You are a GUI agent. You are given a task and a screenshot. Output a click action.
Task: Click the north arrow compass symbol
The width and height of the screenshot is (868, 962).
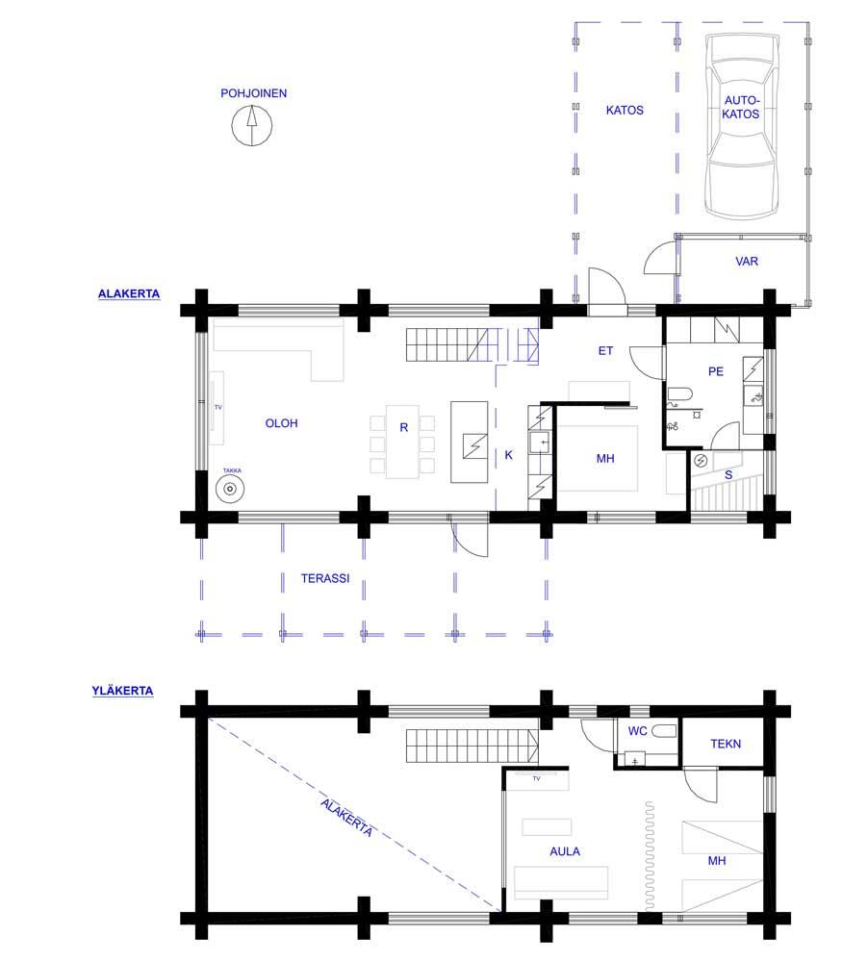coord(252,125)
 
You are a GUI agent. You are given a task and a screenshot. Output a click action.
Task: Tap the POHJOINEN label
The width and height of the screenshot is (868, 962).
coord(253,93)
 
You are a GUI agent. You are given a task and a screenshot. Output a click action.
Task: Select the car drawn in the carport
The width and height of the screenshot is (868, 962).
coord(742,126)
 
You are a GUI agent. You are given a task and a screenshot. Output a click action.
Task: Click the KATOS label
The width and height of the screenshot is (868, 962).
coord(625,111)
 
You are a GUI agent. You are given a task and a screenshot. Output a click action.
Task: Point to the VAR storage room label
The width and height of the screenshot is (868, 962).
coord(747,262)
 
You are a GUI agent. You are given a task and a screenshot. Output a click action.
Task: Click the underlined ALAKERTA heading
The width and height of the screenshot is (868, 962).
coord(129,293)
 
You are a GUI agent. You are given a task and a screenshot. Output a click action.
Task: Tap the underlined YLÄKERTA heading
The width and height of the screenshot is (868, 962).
coord(122,691)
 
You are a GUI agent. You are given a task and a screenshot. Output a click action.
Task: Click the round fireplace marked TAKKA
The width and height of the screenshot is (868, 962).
coord(230,489)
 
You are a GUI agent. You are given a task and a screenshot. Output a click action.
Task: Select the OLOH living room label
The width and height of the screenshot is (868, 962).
coord(281,423)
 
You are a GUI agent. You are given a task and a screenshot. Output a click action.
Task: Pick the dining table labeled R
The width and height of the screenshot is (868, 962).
coord(402,442)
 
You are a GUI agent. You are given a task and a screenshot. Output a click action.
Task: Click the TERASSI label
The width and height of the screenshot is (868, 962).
coord(324,578)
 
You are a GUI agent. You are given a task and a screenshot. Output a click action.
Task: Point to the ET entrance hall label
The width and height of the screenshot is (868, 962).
coord(605,351)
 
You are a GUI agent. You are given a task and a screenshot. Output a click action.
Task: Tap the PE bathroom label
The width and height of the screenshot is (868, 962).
coord(716,371)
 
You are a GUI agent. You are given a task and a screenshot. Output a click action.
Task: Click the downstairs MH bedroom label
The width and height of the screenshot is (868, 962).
coord(605,459)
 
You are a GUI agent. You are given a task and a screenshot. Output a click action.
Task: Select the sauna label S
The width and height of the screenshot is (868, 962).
coord(728,475)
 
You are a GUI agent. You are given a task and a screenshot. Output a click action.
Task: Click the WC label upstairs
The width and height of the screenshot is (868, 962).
coord(637,731)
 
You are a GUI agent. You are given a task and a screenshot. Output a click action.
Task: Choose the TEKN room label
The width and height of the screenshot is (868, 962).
coord(726,745)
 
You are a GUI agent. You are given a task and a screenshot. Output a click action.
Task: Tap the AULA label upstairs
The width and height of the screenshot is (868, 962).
coord(565,851)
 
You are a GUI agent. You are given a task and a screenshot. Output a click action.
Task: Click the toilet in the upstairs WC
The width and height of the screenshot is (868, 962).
coord(664,731)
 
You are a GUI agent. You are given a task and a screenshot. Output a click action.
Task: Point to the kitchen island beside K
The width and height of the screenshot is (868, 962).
coord(470,442)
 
